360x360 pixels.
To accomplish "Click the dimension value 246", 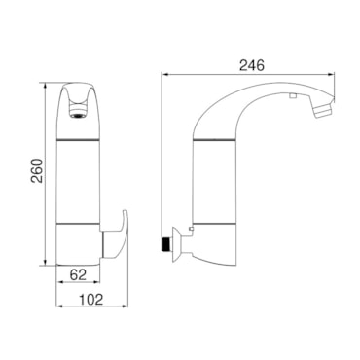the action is click(x=252, y=65).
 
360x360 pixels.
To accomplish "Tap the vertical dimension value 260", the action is click(x=37, y=170).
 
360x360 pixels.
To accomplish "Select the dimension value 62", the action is click(x=78, y=275).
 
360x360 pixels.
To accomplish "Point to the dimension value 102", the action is click(x=91, y=299).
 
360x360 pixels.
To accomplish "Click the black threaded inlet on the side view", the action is click(x=166, y=244).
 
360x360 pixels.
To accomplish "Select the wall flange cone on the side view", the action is click(x=176, y=244).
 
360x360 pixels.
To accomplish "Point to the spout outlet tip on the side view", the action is click(x=324, y=108).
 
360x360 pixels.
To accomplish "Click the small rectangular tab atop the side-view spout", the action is click(x=293, y=95).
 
